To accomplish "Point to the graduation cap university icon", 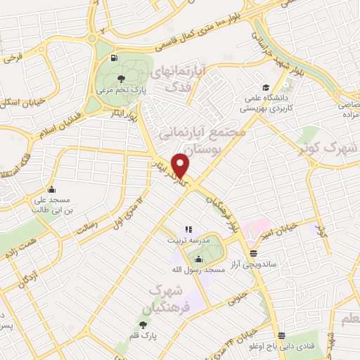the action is pyautogui.click(x=266, y=88).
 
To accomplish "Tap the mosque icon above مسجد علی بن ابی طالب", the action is pyautogui.click(x=51, y=189).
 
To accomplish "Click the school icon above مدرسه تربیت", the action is pyautogui.click(x=188, y=229).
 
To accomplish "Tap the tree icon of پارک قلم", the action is pyautogui.click(x=143, y=325).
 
